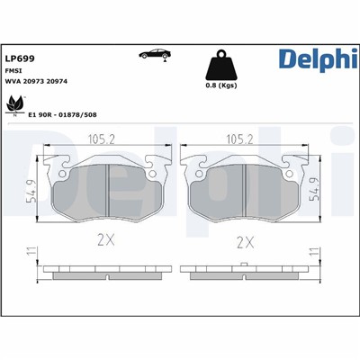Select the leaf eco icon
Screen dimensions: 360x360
(15, 108)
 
